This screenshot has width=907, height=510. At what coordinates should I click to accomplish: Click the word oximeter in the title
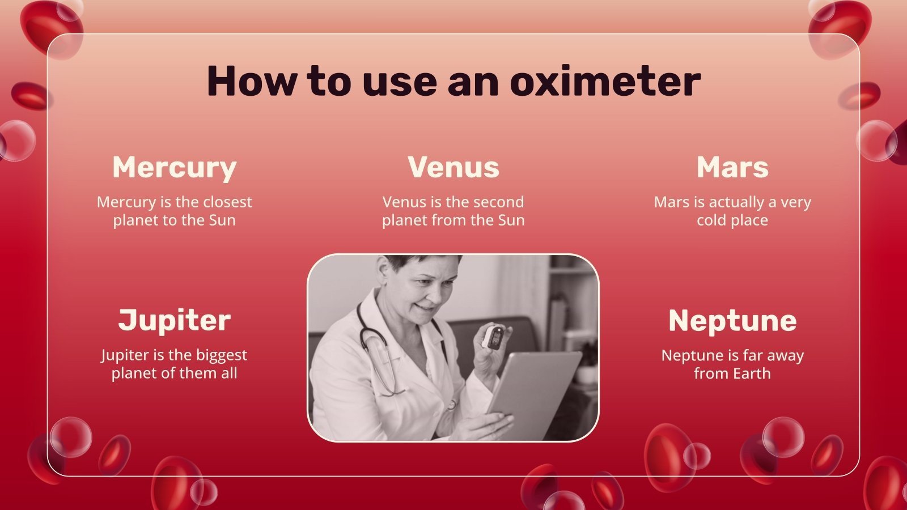[605, 81]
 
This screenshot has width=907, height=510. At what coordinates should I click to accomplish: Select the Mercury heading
[175, 168]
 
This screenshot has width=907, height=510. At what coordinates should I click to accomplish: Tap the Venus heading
[453, 167]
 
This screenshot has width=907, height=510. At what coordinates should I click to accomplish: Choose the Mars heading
[732, 167]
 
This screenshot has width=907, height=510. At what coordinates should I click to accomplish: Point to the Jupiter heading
[175, 321]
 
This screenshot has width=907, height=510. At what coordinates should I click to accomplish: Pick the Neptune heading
[732, 321]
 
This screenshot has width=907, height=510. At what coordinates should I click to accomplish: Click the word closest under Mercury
[227, 202]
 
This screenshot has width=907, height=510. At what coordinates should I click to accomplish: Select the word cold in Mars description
[711, 220]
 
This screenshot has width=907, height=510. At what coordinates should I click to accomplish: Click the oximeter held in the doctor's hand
[494, 337]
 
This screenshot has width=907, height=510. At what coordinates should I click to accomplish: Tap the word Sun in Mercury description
[222, 220]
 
